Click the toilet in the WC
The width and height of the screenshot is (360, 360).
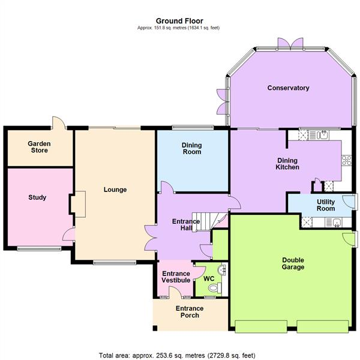pyautogui.click(x=210, y=289)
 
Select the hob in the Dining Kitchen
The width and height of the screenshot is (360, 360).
pyautogui.click(x=346, y=160)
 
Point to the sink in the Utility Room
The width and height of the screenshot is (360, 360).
pyautogui.click(x=336, y=223)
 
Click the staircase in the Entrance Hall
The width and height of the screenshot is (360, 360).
pyautogui.click(x=204, y=221)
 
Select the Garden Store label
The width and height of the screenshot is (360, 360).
pyautogui.click(x=39, y=147)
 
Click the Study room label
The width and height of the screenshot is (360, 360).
pyautogui.click(x=37, y=197)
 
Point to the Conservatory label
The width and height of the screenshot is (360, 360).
pyautogui.click(x=288, y=88)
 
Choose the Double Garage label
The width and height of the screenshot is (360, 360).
pyautogui.click(x=293, y=263)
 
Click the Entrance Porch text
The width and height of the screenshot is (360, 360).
pyautogui.click(x=190, y=313)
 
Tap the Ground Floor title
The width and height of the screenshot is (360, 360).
pyautogui.click(x=179, y=20)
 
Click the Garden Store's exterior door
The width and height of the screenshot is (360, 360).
pyautogui.click(x=59, y=122)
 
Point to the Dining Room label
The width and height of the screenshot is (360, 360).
pyautogui.click(x=192, y=148)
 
